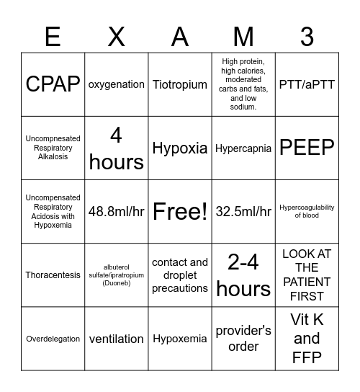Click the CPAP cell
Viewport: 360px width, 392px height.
pos(53,84)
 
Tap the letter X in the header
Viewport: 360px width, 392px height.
pos(117,36)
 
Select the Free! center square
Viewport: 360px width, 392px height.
pos(180,211)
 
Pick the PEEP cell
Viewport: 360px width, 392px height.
pos(307,148)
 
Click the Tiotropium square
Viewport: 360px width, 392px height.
pos(180,84)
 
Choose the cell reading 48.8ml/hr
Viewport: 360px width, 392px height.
pos(117,211)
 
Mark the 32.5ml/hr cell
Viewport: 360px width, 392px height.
pos(243,211)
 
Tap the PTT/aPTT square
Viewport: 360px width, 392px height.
pos(307,84)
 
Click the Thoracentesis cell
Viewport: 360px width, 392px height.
pos(53,275)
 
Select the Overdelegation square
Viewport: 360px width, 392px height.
pos(53,339)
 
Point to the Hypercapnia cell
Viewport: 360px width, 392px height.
pos(243,148)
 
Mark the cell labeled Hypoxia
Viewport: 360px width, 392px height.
pos(180,148)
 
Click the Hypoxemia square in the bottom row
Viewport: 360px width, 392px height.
pos(180,339)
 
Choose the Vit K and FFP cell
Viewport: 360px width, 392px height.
pos(307,339)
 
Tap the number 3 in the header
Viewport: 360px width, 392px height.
pos(307,36)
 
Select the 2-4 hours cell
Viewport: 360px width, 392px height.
pos(243,275)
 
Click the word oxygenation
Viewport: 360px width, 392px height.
pos(117,84)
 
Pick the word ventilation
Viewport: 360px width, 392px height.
pos(117,339)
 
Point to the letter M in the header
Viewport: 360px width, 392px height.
pos(243,36)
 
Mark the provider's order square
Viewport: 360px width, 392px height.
pos(243,339)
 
